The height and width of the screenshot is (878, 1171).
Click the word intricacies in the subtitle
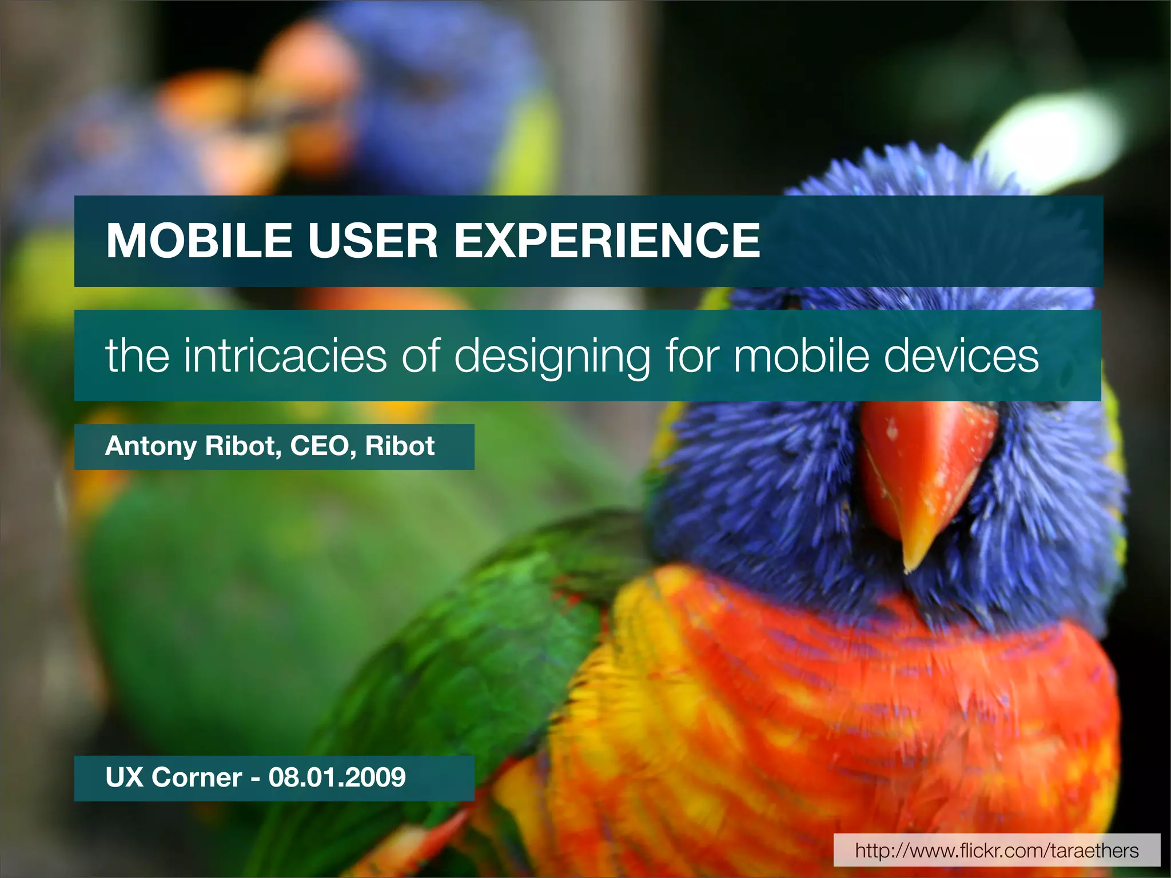tap(285, 356)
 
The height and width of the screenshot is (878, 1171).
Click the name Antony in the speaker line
tap(150, 446)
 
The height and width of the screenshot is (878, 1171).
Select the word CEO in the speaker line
tap(319, 446)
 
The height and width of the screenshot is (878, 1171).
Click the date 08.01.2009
tap(337, 778)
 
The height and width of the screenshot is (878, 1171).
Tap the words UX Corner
tap(174, 778)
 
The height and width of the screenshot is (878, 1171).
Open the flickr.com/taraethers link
tap(997, 850)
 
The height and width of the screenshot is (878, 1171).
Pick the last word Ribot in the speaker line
tap(400, 446)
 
